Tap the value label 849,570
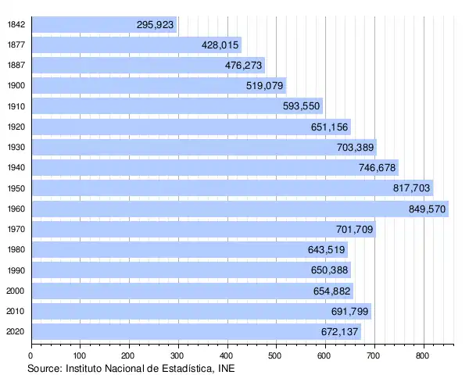click(x=427, y=209)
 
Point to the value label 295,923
click(x=155, y=25)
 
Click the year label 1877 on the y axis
click(x=15, y=45)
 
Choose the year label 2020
click(x=15, y=332)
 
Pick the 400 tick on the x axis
click(x=227, y=355)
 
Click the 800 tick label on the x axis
click(x=424, y=355)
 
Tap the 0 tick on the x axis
click(x=30, y=355)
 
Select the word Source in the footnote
click(x=44, y=367)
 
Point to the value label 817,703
click(x=411, y=188)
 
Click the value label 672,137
click(x=340, y=332)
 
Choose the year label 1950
click(x=15, y=188)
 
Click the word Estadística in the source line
click(x=181, y=367)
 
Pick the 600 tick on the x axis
click(x=326, y=355)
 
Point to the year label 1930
click(x=15, y=148)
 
